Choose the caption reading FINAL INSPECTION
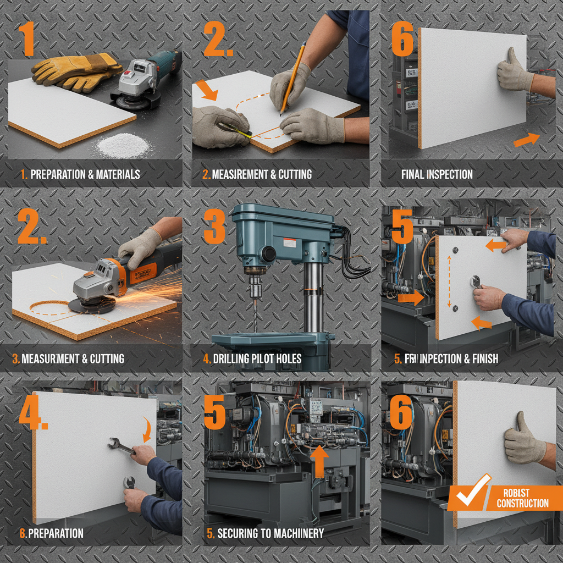tap(437, 175)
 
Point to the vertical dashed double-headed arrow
tap(449, 281)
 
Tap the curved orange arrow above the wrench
tap(147, 429)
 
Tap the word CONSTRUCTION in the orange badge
tap(522, 503)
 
